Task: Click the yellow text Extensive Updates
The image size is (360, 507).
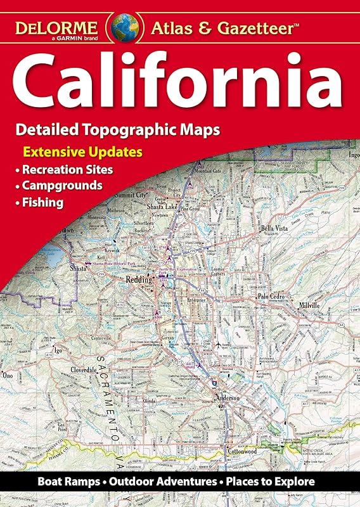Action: point(82,152)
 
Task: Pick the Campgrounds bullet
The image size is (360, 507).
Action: point(62,186)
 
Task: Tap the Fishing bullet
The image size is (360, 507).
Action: point(42,203)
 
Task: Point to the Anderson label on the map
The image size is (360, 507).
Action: point(228,397)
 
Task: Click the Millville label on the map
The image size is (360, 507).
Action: point(317,305)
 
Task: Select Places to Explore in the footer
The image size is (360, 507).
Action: point(274,482)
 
